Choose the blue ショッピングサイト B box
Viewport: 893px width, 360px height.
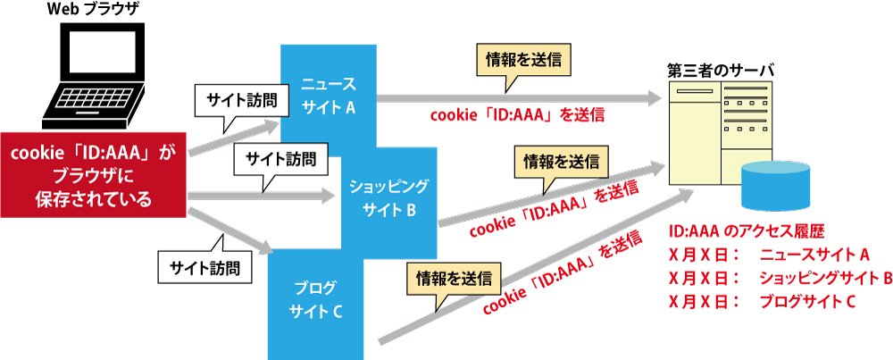[391, 198]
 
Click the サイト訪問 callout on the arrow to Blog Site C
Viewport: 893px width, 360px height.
[204, 265]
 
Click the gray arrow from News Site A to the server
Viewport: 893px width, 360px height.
[518, 96]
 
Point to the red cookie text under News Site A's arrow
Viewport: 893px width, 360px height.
[519, 115]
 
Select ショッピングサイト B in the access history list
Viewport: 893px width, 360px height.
[822, 279]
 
